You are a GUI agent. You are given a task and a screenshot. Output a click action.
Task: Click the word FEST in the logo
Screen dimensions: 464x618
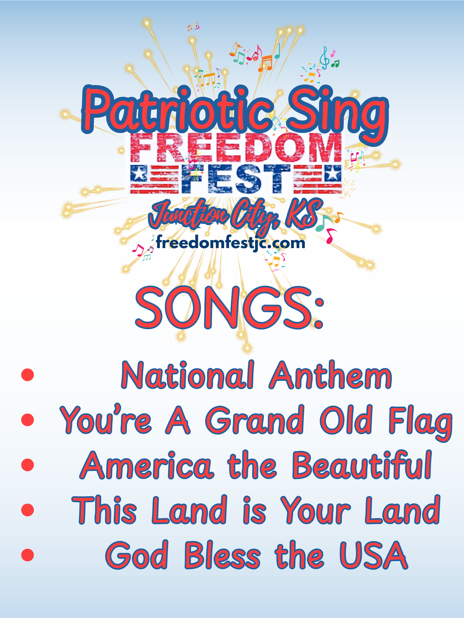(x=236, y=179)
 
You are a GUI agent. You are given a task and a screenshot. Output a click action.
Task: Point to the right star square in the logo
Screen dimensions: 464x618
(x=332, y=173)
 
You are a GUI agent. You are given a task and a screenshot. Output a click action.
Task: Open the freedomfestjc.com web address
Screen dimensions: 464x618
(x=230, y=243)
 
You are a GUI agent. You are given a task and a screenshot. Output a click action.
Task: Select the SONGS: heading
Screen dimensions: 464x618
(x=229, y=307)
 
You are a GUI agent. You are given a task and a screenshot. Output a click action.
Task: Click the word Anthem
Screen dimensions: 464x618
(x=330, y=375)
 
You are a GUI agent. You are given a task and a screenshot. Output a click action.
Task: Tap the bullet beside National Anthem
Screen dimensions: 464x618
(x=27, y=375)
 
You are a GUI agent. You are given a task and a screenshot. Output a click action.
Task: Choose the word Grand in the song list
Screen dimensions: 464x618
(x=255, y=419)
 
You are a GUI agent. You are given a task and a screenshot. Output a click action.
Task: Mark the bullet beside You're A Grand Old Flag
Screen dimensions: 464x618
(x=27, y=420)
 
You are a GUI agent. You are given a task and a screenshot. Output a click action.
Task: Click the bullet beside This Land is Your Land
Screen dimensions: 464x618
(x=27, y=510)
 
